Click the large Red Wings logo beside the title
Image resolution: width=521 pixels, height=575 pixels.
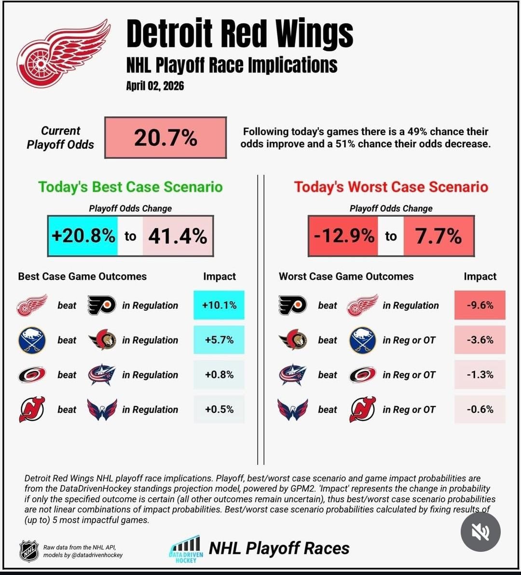[x=63, y=54]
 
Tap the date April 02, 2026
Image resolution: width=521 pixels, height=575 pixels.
[x=155, y=86]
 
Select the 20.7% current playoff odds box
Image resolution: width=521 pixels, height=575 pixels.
[x=165, y=138]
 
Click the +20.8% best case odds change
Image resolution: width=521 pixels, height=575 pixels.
[x=83, y=236]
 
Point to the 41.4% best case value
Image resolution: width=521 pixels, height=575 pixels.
[x=178, y=236]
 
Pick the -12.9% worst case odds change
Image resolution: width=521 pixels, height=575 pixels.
[x=343, y=236]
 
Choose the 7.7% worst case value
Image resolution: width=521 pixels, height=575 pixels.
[x=439, y=236]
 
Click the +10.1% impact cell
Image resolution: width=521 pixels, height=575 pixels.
[x=219, y=305]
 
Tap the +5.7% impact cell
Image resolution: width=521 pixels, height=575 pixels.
[x=219, y=340]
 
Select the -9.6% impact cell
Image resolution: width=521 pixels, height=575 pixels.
[x=480, y=305]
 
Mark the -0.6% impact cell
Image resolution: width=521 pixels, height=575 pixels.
[x=480, y=409]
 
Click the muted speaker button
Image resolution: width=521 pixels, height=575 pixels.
[x=480, y=532]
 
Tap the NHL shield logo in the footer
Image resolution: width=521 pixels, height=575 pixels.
[x=29, y=551]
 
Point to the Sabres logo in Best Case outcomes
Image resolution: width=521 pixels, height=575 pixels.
[x=32, y=340]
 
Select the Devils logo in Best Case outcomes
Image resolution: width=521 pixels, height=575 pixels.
[x=32, y=409]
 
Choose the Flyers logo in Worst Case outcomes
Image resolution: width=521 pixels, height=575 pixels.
[x=293, y=305]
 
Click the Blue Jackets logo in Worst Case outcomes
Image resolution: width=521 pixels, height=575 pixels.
[x=293, y=375]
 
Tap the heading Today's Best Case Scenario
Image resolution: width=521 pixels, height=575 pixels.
[x=130, y=187]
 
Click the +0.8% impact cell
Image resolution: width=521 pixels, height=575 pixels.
[x=219, y=375]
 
